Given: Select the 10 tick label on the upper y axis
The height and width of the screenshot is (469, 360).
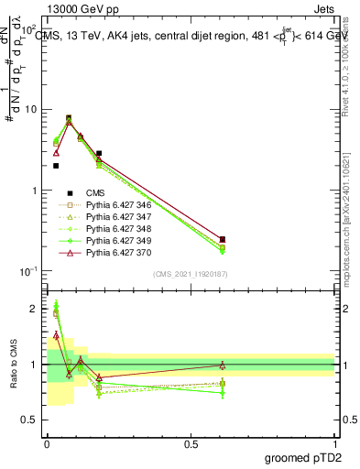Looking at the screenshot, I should coord(30,110).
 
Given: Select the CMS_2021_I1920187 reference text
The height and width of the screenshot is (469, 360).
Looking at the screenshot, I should coord(191,273).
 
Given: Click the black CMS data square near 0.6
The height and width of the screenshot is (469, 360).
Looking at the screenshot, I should coord(223,239).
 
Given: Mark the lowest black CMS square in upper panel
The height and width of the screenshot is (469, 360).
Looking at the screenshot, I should coord(56,166).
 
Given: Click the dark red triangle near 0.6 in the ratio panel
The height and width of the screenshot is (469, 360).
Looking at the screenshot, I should coord(223,365).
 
